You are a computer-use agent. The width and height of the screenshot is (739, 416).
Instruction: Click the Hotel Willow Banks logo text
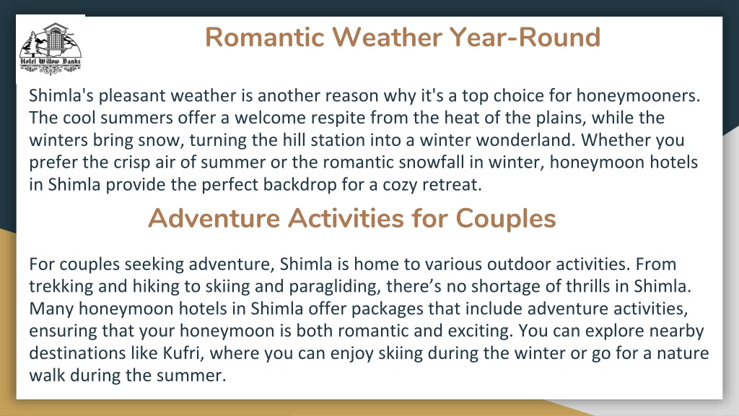(x=51, y=61)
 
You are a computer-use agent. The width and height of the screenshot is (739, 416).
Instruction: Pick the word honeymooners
(x=639, y=96)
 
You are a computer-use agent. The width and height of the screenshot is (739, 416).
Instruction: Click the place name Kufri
(x=183, y=353)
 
